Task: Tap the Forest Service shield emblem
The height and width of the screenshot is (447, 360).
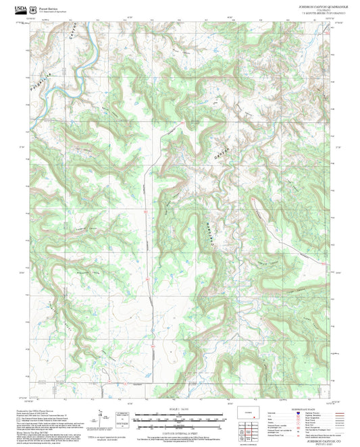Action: coord(34,9)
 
